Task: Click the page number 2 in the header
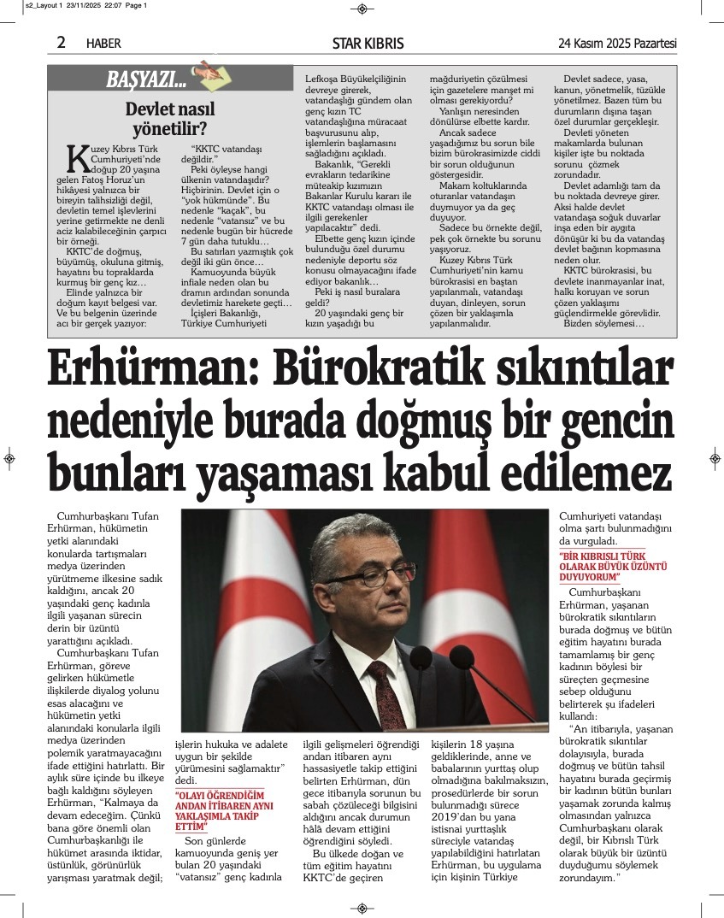[x=61, y=43]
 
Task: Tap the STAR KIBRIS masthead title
[x=368, y=44]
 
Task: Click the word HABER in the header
[x=104, y=44]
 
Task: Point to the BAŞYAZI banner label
[x=146, y=80]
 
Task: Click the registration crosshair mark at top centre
[x=362, y=9]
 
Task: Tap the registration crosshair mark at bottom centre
[x=362, y=908]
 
